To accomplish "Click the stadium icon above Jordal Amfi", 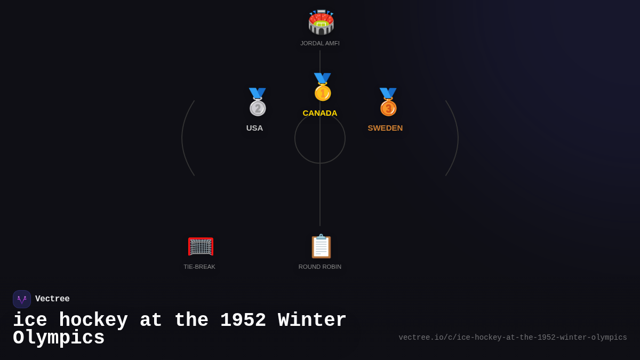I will pos(321,22).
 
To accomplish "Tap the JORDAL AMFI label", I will pos(320,43).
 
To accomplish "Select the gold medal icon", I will pos(322,87).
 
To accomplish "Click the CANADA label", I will pos(320,113).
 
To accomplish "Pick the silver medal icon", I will pos(257,102).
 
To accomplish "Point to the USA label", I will pos(254,128).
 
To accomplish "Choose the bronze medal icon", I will pos(388,102).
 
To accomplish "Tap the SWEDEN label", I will pos(385,128).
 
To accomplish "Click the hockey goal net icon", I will pos(201,246).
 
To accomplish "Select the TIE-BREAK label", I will pos(199,267).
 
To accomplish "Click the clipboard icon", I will pos(321,246).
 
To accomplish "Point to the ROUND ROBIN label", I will pos(320,267).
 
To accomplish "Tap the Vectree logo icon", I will pos(22,299).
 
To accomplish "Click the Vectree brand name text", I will pos(52,299).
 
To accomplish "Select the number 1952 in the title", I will pos(243,321).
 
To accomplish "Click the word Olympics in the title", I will pos(59,338).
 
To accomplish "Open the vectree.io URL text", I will pos(513,338).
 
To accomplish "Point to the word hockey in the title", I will pos(93,321).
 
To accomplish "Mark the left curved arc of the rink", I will pos(183,138).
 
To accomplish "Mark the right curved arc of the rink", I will pos(457,138).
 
